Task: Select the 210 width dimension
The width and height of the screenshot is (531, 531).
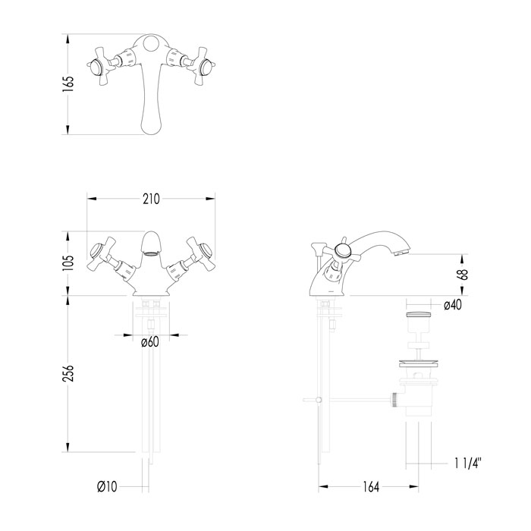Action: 150,199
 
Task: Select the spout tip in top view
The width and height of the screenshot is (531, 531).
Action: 151,121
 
